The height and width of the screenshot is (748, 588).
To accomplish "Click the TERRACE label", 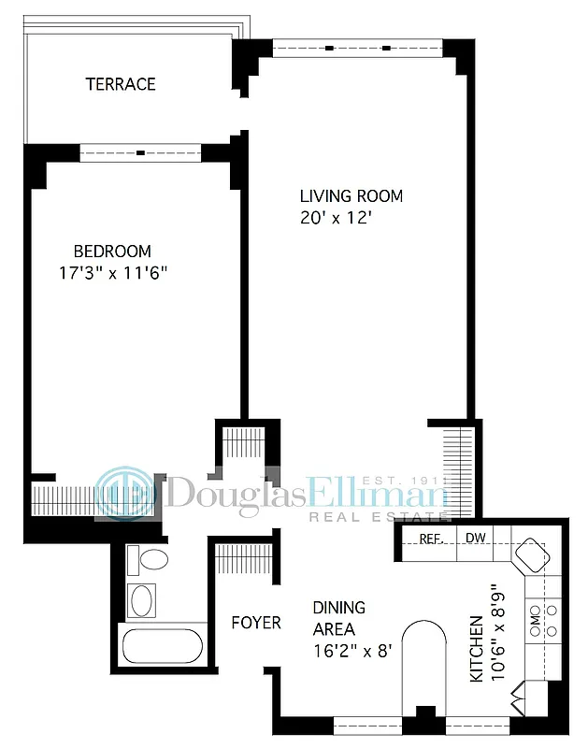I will tap(121, 84).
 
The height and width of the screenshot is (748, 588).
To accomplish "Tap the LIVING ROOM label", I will tap(351, 196).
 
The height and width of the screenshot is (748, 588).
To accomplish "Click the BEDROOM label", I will tap(112, 252).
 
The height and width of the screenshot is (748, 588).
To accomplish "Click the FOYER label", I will tap(256, 622).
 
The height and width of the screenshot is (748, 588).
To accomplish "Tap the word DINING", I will tap(338, 608).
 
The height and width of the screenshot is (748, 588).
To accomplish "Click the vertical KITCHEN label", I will tap(477, 647).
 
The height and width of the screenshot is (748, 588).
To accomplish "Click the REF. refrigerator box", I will tap(430, 539).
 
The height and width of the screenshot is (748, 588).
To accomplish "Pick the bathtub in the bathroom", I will tap(162, 646).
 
